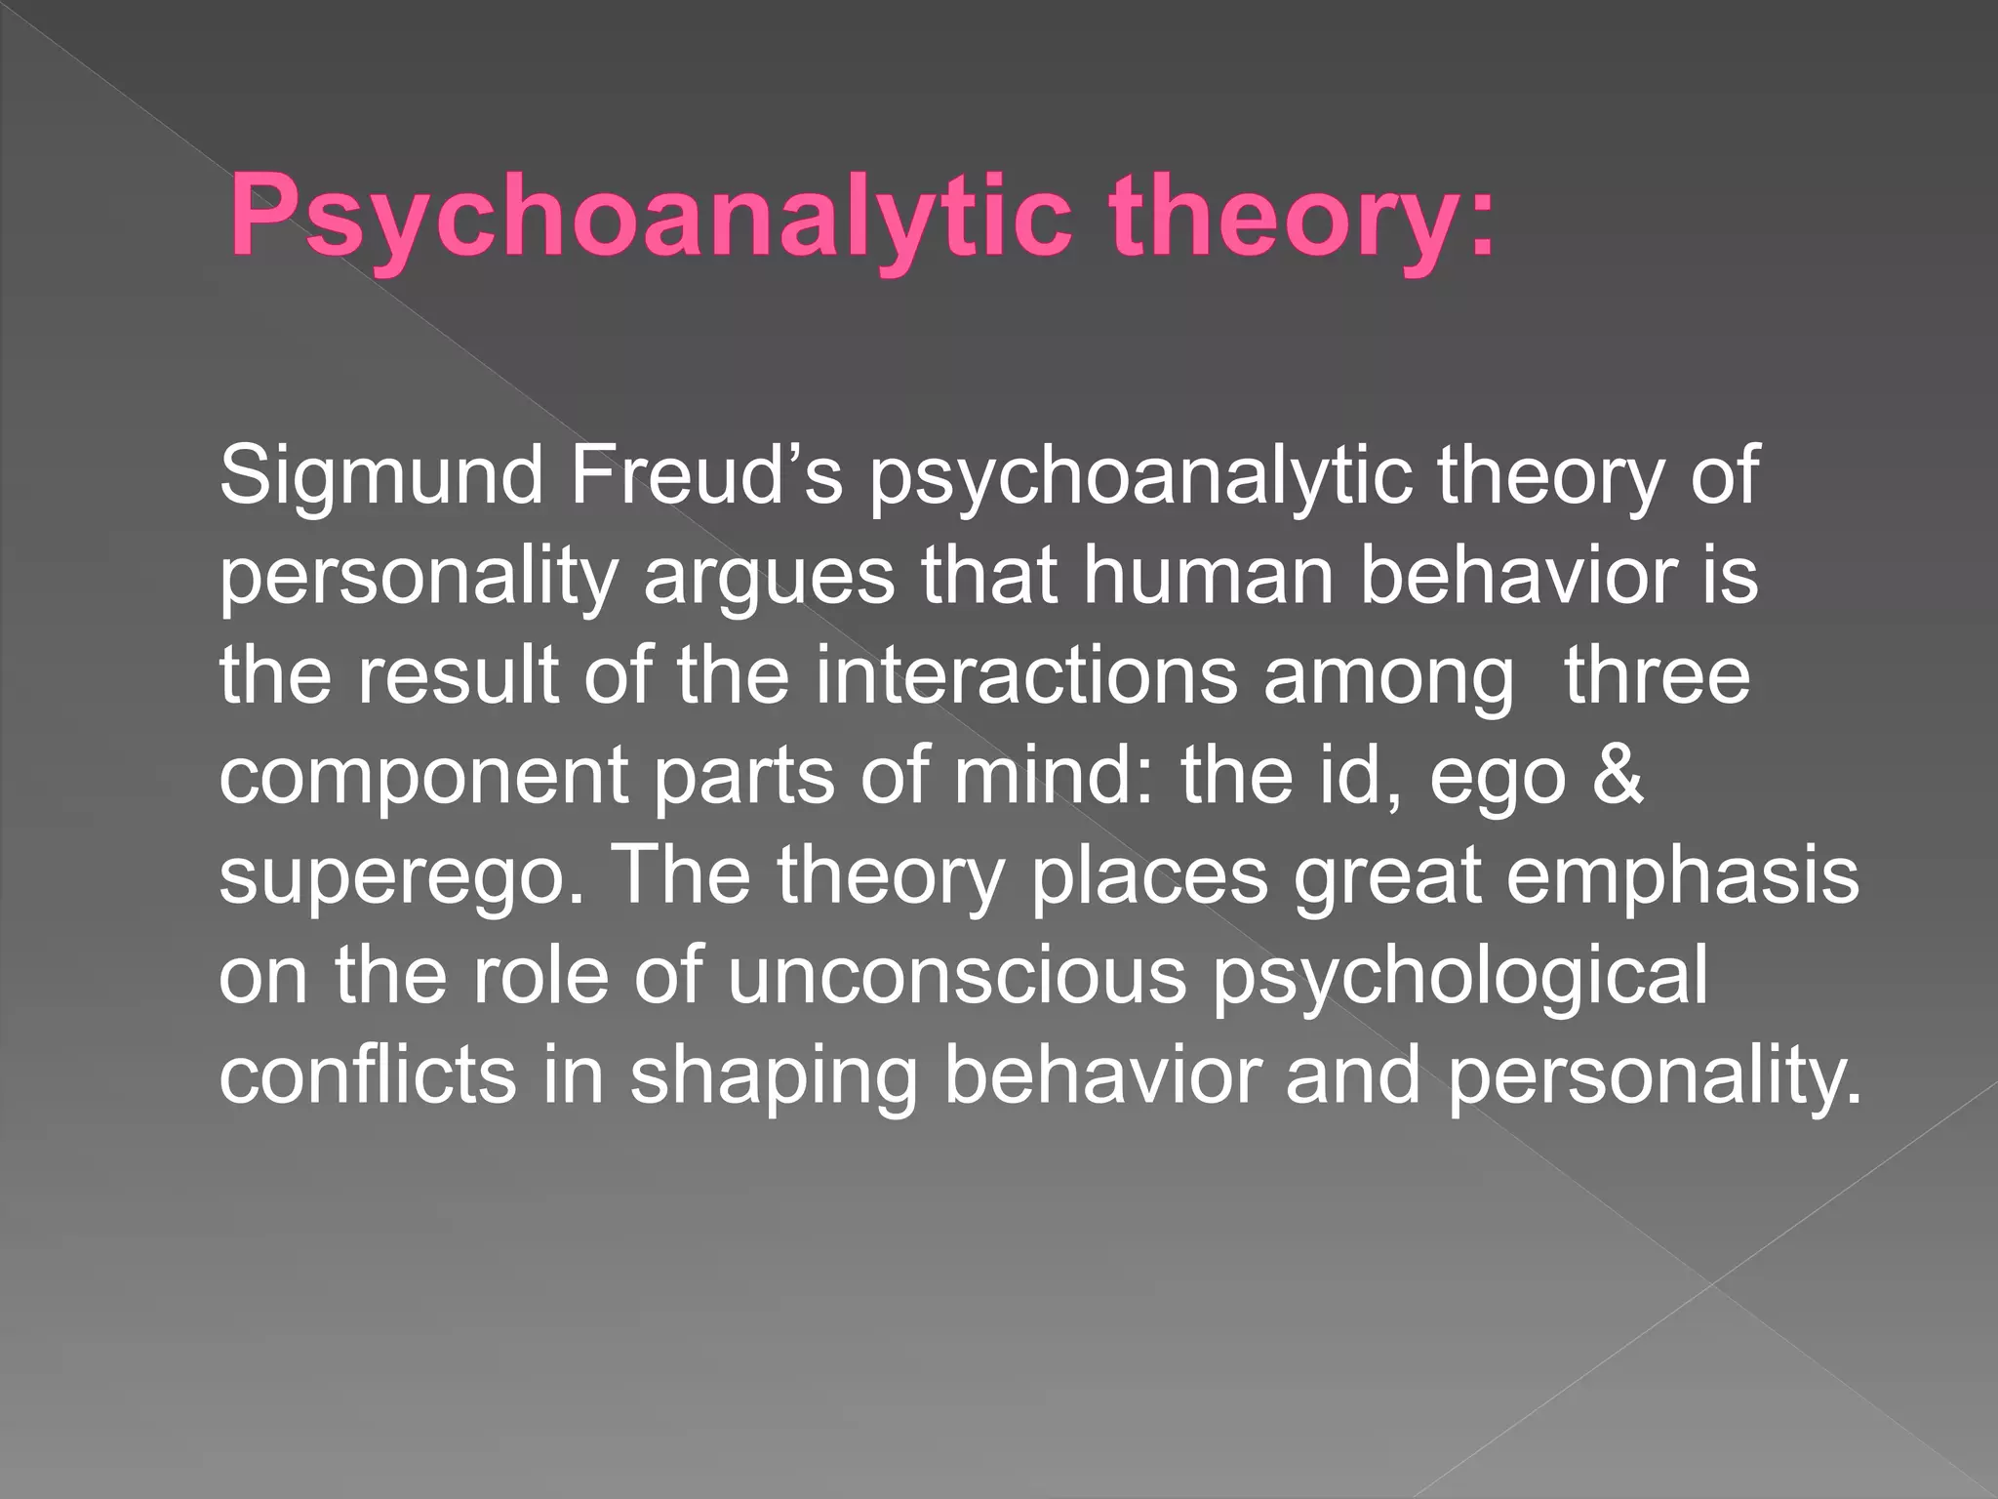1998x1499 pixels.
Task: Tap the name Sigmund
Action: pyautogui.click(x=380, y=478)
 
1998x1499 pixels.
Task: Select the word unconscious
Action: pyautogui.click(x=956, y=978)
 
